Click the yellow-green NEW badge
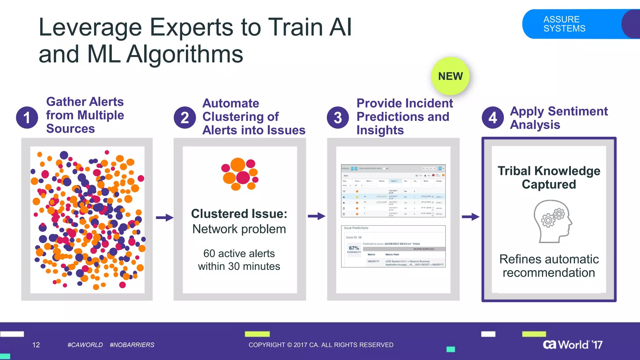450,76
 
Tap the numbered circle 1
27,117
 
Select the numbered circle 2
185,117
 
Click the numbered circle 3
338,117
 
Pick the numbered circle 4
492,117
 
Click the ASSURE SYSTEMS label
564,24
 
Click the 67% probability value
354,248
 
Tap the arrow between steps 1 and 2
164,217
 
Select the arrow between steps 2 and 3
316,216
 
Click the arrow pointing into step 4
470,217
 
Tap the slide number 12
36,345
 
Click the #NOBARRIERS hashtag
132,345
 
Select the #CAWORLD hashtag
85,345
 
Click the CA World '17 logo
572,344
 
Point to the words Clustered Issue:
239,214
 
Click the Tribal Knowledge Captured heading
549,177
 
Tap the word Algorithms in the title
185,54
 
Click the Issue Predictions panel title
356,228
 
